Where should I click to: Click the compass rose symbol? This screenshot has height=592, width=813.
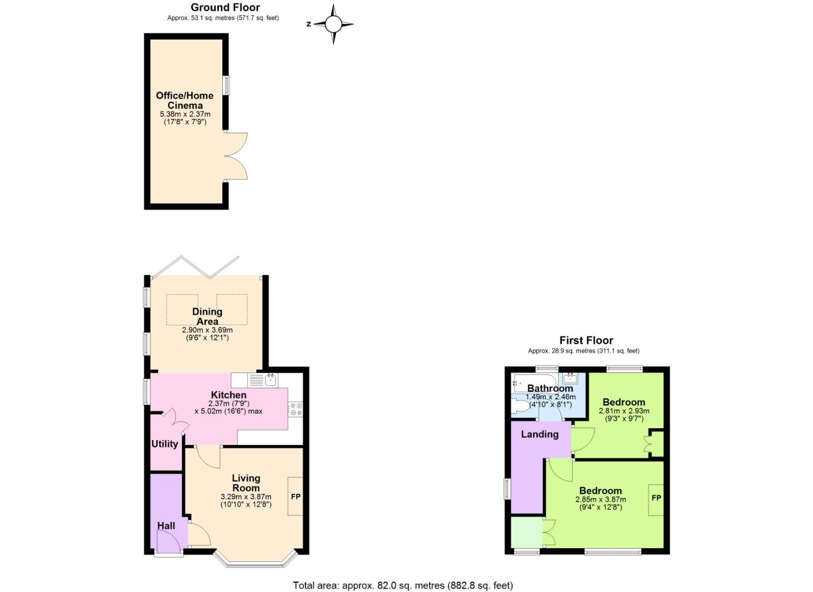pos(333,24)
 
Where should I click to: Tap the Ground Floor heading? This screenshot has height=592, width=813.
pos(225,7)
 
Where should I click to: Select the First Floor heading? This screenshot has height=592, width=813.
pos(586,340)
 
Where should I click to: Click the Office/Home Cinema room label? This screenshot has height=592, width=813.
pos(184,100)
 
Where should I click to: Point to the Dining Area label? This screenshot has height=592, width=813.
pos(207,316)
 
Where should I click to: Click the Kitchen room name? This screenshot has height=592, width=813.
pos(228,395)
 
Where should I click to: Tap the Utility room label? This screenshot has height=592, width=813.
pos(164,444)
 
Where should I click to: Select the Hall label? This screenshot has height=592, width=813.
pos(166,526)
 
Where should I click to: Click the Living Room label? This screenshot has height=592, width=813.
pos(246,483)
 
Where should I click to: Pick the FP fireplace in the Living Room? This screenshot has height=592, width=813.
pos(296,497)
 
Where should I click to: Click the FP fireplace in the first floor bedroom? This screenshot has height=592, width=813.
pos(656,498)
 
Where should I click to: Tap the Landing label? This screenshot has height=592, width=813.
pos(540,434)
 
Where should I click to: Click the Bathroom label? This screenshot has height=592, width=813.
pos(550,389)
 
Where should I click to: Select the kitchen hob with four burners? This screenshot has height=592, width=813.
pos(296,409)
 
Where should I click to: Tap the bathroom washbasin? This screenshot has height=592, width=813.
pos(570,378)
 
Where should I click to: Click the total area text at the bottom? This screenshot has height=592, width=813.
pos(402,585)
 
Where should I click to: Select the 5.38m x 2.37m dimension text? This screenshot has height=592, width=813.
pos(184,114)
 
